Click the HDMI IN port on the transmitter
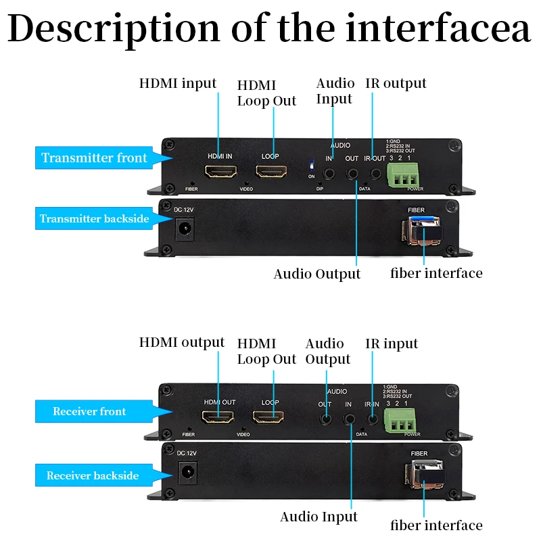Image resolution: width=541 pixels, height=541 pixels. tap(220, 172)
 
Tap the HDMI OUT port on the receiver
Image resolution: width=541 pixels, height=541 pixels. tap(220, 417)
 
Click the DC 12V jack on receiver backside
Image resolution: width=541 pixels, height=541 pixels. tap(186, 472)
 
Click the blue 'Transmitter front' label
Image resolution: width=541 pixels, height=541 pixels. tap(93, 158)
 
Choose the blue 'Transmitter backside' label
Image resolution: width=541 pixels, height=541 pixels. tap(94, 218)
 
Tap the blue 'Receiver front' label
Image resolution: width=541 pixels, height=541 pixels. tap(89, 411)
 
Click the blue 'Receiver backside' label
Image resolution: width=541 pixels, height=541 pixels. tap(93, 476)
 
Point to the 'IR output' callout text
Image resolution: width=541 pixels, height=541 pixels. tap(396, 83)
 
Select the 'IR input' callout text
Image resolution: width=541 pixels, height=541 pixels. tap(392, 344)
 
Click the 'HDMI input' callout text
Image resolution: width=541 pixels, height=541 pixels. tap(178, 83)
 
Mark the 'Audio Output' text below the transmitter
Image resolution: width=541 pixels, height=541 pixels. tap(317, 274)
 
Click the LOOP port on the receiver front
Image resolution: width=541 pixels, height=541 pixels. tap(269, 417)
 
